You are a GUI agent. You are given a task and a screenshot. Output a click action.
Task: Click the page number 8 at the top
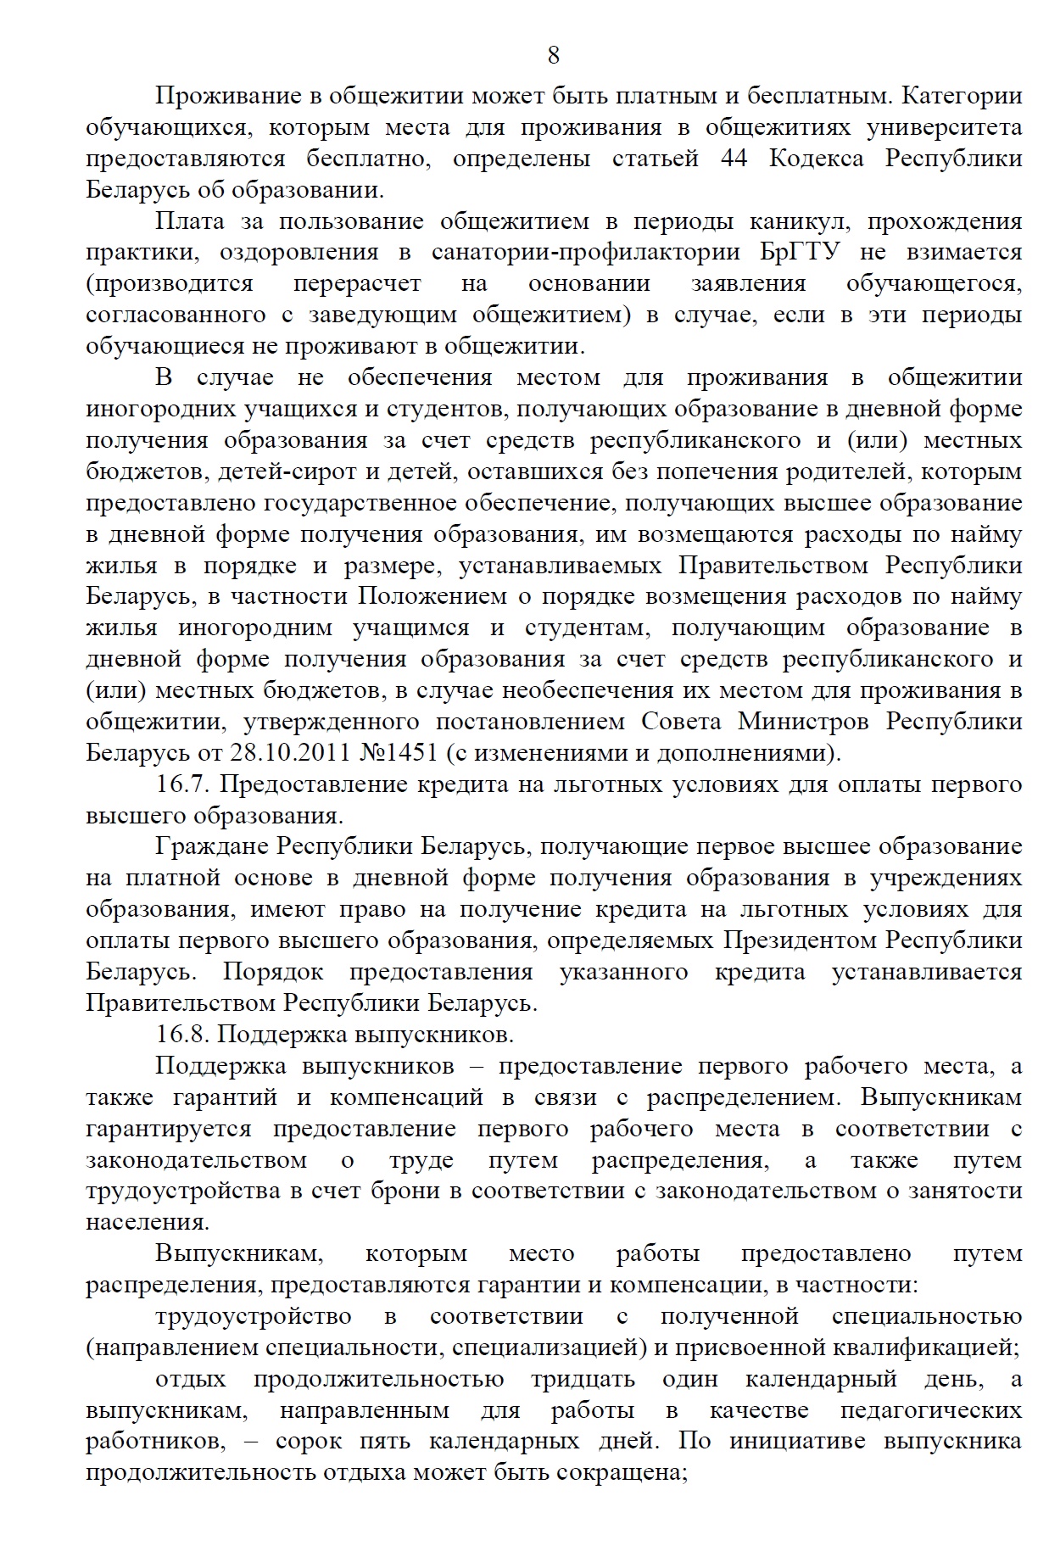click(554, 56)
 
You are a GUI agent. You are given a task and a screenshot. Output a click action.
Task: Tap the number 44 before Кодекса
click(734, 159)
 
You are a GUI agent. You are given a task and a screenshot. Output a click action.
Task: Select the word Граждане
click(212, 846)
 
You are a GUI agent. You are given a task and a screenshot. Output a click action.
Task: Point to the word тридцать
click(582, 1379)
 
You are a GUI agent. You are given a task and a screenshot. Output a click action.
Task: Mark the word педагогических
click(930, 1410)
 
